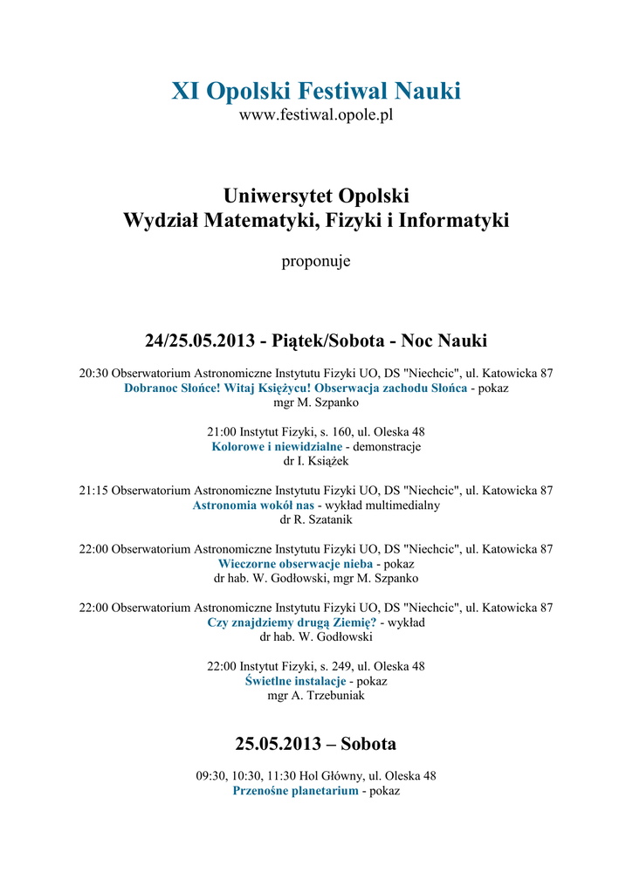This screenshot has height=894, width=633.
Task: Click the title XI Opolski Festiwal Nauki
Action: coord(316,91)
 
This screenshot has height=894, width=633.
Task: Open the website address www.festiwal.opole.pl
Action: coord(316,115)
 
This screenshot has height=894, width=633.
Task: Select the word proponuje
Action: coord(316,261)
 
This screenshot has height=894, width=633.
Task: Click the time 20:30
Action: coord(93,373)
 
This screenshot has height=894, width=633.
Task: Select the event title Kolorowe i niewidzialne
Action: coord(265,446)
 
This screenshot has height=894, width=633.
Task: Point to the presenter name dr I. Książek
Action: coord(316,461)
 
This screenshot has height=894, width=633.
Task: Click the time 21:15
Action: coord(93,491)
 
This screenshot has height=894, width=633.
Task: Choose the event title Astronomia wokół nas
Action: coord(253,505)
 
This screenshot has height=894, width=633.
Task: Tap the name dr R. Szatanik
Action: coord(316,520)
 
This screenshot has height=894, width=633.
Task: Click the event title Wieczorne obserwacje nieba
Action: coord(295,564)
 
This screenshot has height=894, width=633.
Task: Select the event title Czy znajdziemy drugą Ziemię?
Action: coord(292,622)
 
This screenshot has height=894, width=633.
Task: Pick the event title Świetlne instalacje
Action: coord(296,681)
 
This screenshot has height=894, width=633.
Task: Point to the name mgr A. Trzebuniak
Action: coord(316,696)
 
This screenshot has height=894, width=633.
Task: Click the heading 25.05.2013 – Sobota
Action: coord(316,744)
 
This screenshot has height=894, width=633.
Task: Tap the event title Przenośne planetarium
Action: coord(295,790)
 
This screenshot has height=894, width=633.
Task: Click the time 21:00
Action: coord(221,431)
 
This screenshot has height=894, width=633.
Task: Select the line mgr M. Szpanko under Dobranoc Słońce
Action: coord(316,402)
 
